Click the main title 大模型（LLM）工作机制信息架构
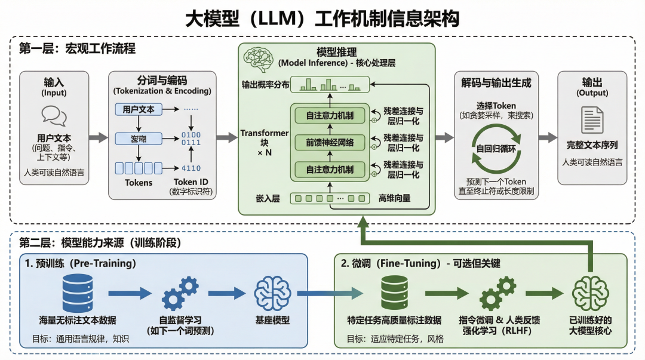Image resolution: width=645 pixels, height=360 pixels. (322, 18)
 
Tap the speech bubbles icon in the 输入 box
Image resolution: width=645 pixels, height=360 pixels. (54, 116)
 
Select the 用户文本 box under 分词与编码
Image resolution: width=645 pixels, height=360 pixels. (139, 110)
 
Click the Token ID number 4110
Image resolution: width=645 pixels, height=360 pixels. (191, 168)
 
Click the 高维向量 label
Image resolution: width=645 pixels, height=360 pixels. (394, 198)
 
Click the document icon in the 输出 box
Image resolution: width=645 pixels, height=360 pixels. (592, 119)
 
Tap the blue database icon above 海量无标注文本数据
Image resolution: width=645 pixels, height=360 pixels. (78, 292)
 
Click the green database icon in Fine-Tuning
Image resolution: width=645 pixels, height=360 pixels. (395, 292)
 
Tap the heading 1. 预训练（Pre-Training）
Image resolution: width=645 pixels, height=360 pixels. (81, 263)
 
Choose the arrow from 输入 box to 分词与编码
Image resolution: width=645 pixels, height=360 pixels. (99, 138)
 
